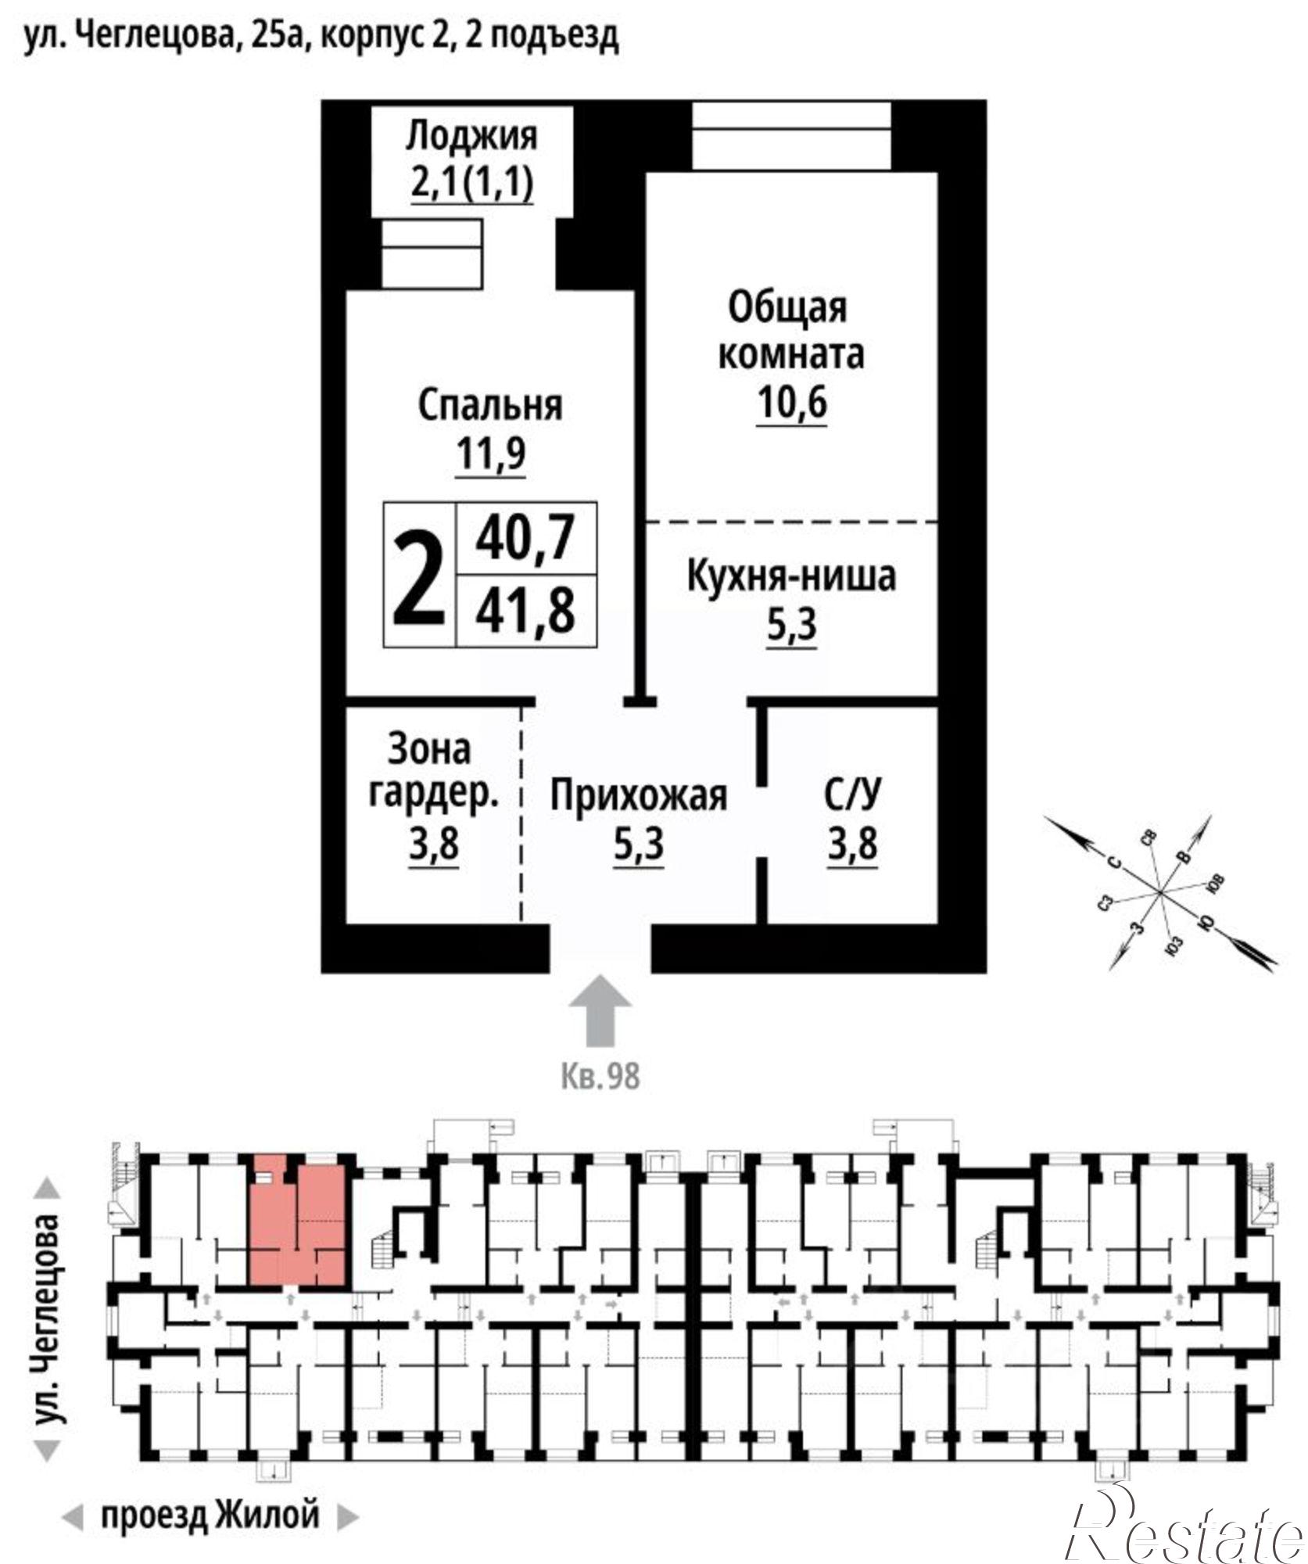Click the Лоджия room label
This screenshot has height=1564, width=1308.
(471, 136)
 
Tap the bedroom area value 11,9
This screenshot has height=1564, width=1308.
(490, 454)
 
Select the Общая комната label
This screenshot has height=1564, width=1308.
(790, 331)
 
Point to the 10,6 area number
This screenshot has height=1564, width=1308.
(791, 404)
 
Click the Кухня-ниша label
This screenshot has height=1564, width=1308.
(790, 576)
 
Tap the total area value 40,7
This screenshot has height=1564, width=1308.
(525, 537)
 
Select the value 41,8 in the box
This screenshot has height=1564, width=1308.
(525, 611)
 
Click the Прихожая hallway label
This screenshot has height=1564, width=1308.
(638, 796)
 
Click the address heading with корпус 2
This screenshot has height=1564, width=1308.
(321, 36)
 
